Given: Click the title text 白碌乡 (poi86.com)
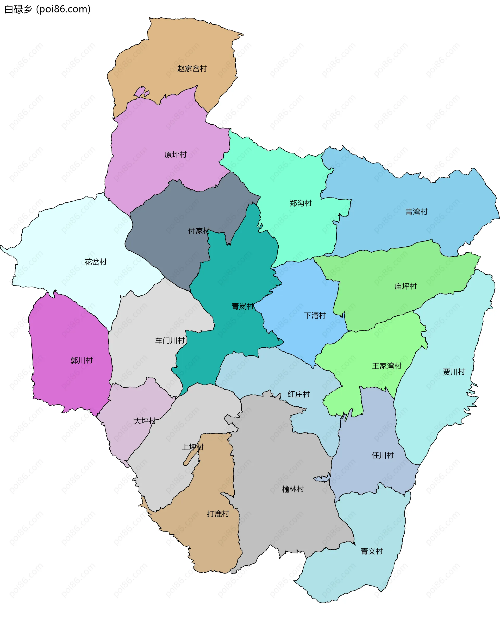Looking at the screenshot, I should click(x=47, y=9).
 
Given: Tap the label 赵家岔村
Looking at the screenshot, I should click(x=192, y=69).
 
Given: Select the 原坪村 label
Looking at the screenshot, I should click(x=176, y=155).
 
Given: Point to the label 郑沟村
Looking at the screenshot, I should click(x=301, y=203).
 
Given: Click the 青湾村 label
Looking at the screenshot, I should click(x=416, y=212).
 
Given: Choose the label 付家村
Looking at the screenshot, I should click(x=199, y=231).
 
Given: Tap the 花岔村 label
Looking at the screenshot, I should click(x=95, y=262).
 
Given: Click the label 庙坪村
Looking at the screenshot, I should click(x=405, y=286).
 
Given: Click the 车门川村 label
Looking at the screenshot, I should click(x=170, y=341).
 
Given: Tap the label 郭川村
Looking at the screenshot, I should click(x=82, y=361).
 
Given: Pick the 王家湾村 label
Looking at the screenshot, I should click(x=386, y=366).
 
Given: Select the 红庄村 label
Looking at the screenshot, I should click(x=299, y=394).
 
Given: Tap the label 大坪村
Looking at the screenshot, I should click(x=145, y=421).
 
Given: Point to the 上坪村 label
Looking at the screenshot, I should click(x=192, y=447).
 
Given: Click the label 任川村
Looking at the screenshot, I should click(x=382, y=455).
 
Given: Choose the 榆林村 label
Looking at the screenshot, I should click(x=293, y=489).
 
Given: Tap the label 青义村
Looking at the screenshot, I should click(x=372, y=551).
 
